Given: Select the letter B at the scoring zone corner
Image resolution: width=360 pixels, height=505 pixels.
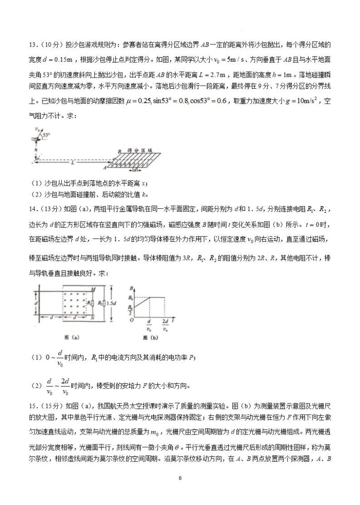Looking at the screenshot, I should tap(119, 152).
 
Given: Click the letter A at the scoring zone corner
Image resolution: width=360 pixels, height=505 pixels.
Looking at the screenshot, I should tap(105, 168).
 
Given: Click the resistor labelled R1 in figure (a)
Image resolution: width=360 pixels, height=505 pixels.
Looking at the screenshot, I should tap(90, 303).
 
